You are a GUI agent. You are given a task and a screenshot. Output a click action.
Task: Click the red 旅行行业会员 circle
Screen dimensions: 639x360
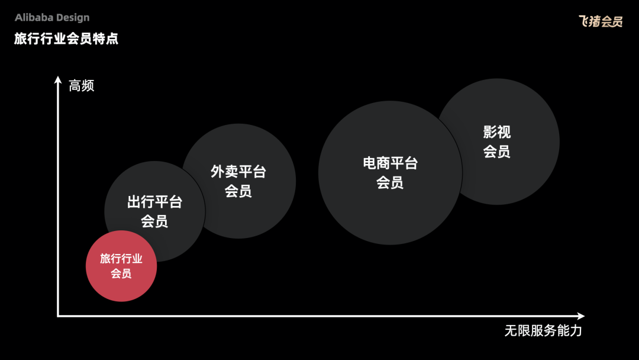(x=121, y=266)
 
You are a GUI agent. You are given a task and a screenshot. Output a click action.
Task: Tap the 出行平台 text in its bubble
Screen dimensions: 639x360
(x=155, y=202)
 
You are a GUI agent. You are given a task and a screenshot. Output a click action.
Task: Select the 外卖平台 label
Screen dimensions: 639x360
(x=238, y=172)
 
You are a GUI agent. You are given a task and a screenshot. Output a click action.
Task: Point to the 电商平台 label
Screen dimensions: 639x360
(x=390, y=163)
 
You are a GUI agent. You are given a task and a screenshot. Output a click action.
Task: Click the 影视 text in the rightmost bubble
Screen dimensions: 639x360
(x=497, y=131)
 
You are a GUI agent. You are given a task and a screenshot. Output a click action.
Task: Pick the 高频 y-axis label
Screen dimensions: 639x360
(x=82, y=86)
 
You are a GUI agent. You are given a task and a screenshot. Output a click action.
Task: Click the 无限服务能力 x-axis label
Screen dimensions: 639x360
(x=543, y=330)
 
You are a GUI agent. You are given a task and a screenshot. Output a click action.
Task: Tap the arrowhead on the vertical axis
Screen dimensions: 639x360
(x=58, y=79)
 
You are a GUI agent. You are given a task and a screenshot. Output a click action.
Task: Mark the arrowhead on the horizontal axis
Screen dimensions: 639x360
(x=581, y=316)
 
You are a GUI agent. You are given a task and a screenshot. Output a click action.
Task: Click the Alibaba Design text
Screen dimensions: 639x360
(x=52, y=18)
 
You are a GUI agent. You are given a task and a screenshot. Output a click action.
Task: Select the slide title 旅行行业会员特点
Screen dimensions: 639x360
(x=66, y=38)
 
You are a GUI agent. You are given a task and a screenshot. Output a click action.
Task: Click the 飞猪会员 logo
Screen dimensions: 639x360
(x=601, y=21)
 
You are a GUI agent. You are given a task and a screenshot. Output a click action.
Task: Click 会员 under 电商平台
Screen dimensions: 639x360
(x=390, y=182)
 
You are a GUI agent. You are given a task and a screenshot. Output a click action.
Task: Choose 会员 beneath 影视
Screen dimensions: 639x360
(x=497, y=151)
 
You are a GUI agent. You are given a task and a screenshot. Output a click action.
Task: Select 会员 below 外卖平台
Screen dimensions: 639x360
(x=238, y=191)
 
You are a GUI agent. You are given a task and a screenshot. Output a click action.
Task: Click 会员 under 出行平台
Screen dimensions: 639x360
(x=154, y=221)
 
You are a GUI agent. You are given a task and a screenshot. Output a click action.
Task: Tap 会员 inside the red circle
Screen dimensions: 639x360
(x=121, y=273)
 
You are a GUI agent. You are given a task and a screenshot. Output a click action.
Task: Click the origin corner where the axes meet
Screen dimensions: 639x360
(x=58, y=316)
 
